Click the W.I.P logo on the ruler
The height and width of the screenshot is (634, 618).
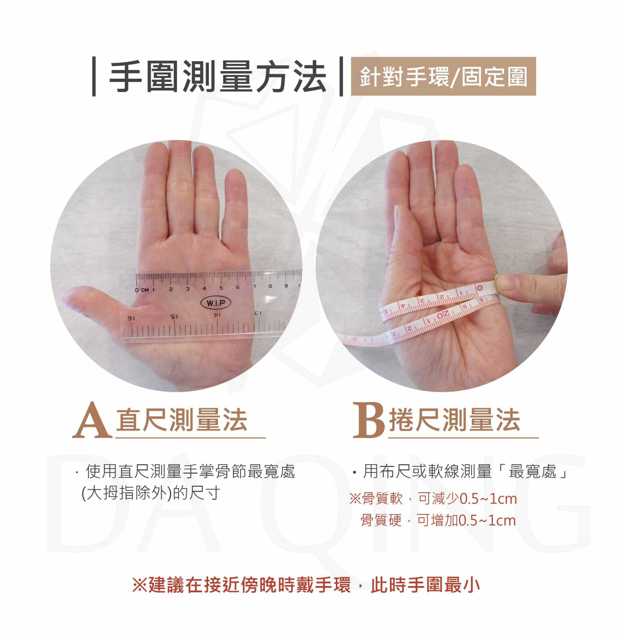point(216,303)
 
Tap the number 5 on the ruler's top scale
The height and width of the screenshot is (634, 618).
point(221,288)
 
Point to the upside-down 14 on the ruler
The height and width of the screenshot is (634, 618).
point(217,315)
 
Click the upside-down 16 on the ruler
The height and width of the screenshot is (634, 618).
point(131,319)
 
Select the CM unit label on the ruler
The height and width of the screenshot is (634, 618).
point(145,289)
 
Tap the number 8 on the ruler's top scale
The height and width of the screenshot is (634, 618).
point(270,286)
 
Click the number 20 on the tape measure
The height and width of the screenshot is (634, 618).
point(443,315)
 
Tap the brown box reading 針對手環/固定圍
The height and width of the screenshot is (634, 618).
point(443,76)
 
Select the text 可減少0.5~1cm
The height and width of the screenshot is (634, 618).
point(468,499)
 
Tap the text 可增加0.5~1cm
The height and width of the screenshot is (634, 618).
point(467,520)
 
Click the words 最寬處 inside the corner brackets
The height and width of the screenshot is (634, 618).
point(533,471)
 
